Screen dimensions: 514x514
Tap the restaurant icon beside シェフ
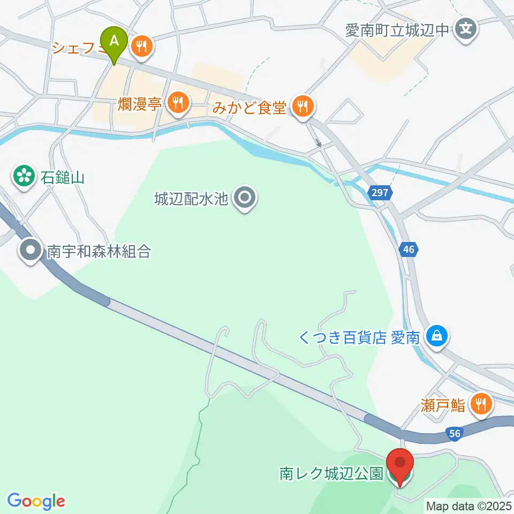point(142,47)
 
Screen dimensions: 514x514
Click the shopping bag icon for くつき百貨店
point(437,337)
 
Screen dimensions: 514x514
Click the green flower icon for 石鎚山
point(24,176)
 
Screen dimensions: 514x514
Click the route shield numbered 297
point(378,192)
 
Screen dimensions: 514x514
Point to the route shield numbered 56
point(455,434)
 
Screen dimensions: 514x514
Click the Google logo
point(36,501)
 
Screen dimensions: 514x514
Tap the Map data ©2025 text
point(467,505)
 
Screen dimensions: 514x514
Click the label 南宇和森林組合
point(99,251)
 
